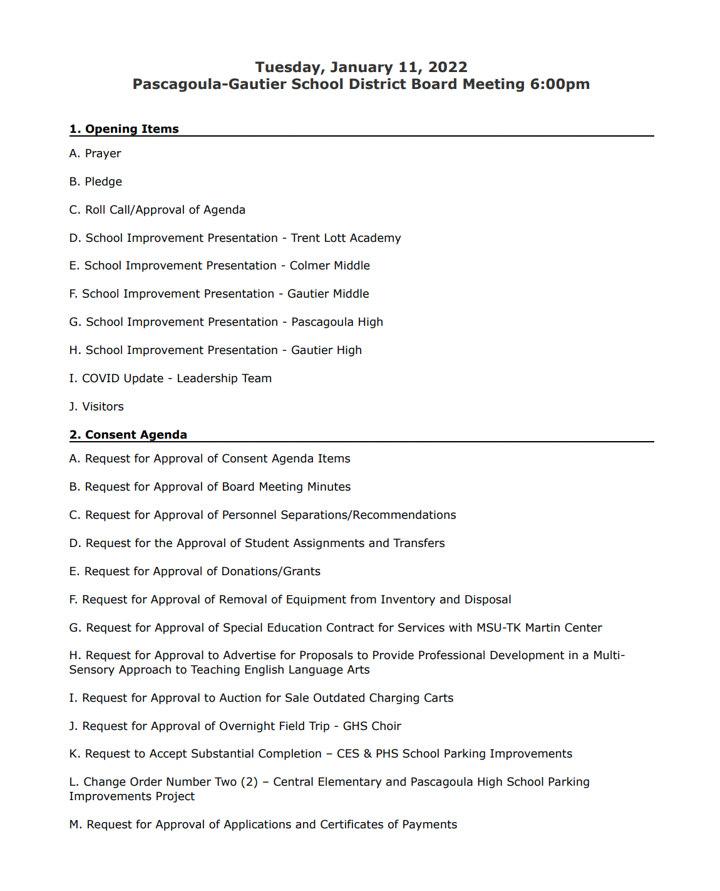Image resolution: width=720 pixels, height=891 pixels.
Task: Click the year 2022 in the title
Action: pyautogui.click(x=448, y=67)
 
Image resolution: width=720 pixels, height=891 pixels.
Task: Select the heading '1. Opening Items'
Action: pyautogui.click(x=124, y=128)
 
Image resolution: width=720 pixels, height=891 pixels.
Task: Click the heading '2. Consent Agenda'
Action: pyautogui.click(x=128, y=434)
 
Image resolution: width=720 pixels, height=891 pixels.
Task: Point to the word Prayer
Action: pyautogui.click(x=103, y=154)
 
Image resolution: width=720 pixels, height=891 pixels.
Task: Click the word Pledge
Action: pyautogui.click(x=103, y=182)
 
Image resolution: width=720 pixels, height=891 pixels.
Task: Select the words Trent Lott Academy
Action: pyautogui.click(x=346, y=238)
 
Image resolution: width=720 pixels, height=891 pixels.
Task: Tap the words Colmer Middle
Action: pyautogui.click(x=329, y=266)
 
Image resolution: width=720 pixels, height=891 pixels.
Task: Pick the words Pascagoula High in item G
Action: pyautogui.click(x=337, y=322)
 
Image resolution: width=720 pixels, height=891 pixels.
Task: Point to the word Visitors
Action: pyautogui.click(x=103, y=407)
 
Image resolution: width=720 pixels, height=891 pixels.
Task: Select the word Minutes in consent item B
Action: pyautogui.click(x=329, y=487)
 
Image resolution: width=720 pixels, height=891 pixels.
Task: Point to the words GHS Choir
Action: pyautogui.click(x=372, y=726)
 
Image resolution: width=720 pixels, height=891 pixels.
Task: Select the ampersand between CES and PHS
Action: pyautogui.click(x=368, y=754)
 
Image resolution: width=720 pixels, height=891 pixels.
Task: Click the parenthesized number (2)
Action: pyautogui.click(x=249, y=782)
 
